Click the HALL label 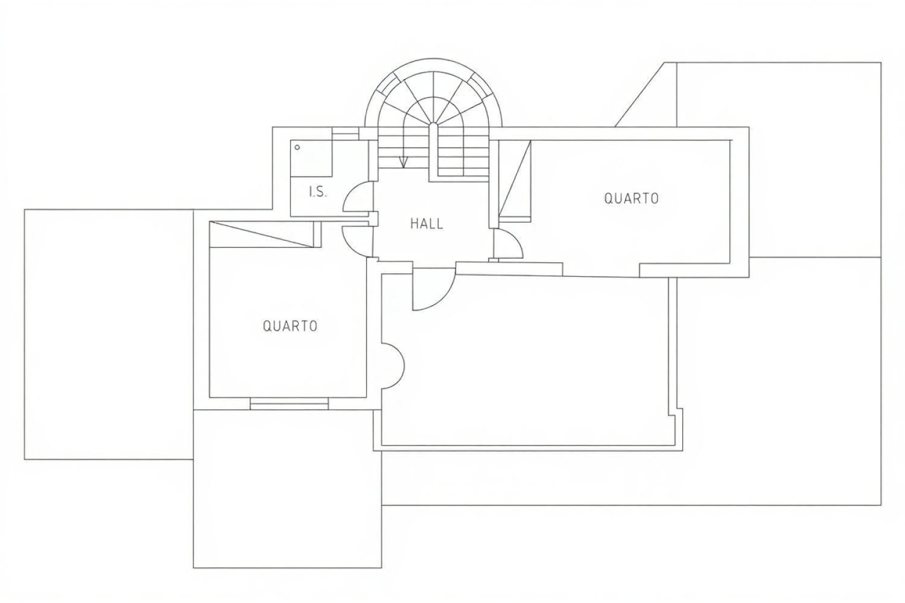point(427,224)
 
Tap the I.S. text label point(318,192)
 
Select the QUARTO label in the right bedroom point(631,198)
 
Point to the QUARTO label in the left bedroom point(290,326)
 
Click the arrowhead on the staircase point(403,162)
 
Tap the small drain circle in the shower point(297,147)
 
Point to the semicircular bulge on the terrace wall point(394,365)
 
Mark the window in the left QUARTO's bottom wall point(289,403)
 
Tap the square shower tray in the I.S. point(311,159)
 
